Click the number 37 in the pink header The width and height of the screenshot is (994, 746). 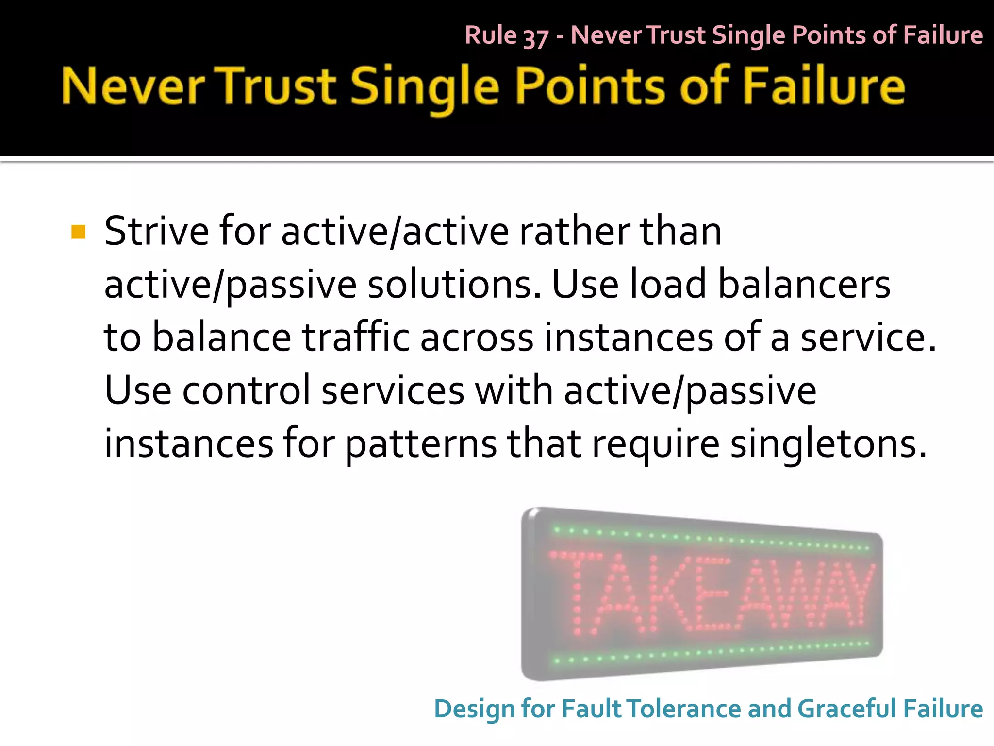pyautogui.click(x=536, y=37)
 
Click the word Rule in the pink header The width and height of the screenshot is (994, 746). pyautogui.click(x=491, y=35)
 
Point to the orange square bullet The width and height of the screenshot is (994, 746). pyautogui.click(x=78, y=232)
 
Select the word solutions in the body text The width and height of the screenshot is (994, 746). pyautogui.click(x=454, y=285)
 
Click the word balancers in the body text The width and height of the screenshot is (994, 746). pyautogui.click(x=804, y=285)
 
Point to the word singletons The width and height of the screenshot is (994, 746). pyautogui.click(x=828, y=444)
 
